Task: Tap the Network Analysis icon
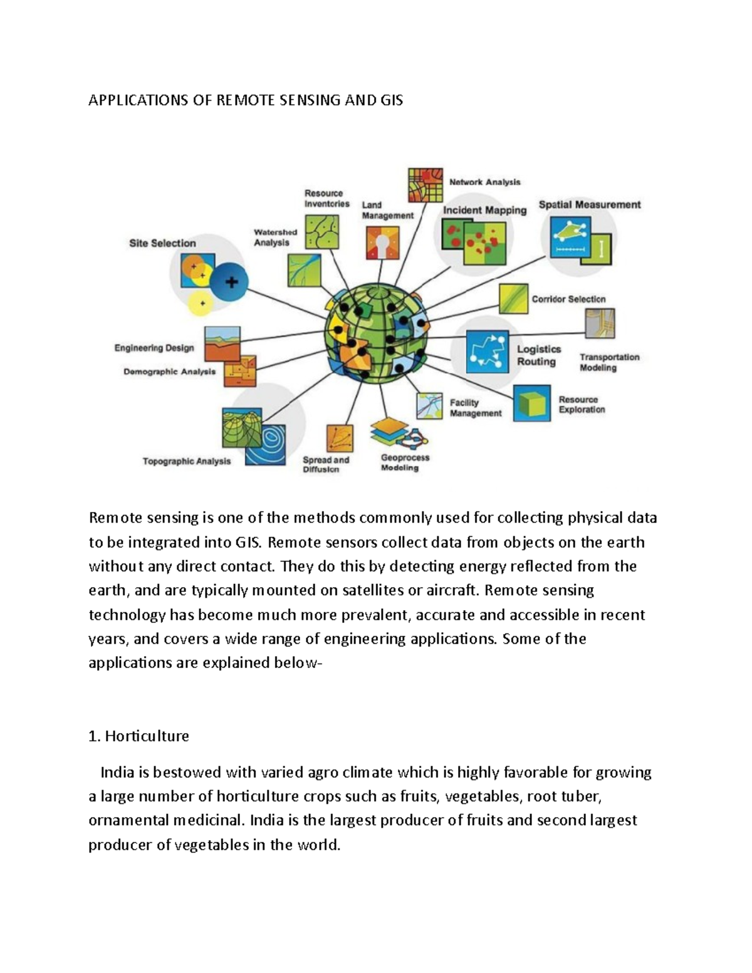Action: pyautogui.click(x=426, y=185)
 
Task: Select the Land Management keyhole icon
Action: pyautogui.click(x=382, y=243)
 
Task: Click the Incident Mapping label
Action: pyautogui.click(x=484, y=211)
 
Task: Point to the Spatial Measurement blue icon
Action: pyautogui.click(x=570, y=237)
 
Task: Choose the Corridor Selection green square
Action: pyautogui.click(x=513, y=299)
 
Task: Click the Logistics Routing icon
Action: pyautogui.click(x=488, y=352)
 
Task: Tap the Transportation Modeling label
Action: pyautogui.click(x=609, y=362)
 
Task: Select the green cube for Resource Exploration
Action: pyautogui.click(x=532, y=403)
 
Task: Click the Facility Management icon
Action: pyautogui.click(x=429, y=406)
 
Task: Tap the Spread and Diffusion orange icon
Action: pyautogui.click(x=339, y=439)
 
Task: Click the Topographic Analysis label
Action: pyautogui.click(x=187, y=461)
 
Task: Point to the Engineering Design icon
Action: pyautogui.click(x=222, y=343)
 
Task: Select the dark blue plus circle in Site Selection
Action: pyautogui.click(x=229, y=282)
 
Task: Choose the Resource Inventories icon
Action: pyautogui.click(x=322, y=232)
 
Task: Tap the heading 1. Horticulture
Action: pyautogui.click(x=138, y=736)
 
